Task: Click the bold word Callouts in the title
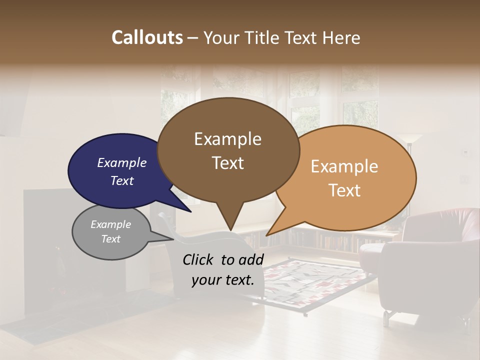pyautogui.click(x=147, y=37)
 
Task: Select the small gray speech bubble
pyautogui.click(x=111, y=232)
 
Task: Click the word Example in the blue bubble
pyautogui.click(x=121, y=163)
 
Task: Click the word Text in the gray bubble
pyautogui.click(x=111, y=239)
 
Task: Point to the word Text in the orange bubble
pyautogui.click(x=345, y=190)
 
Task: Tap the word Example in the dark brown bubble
pyautogui.click(x=228, y=139)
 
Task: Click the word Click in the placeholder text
pyautogui.click(x=199, y=259)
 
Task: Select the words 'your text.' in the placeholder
pyautogui.click(x=223, y=280)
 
